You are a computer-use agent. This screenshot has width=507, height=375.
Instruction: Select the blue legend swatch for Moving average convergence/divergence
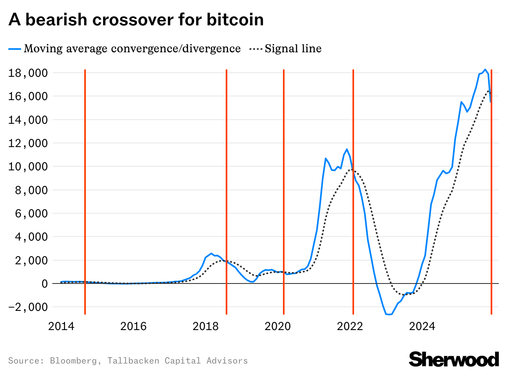point(15,49)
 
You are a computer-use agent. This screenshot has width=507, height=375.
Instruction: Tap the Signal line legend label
point(293,49)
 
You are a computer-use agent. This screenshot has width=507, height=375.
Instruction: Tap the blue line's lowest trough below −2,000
point(388,314)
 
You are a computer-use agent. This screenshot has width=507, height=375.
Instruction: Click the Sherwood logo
point(454,359)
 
